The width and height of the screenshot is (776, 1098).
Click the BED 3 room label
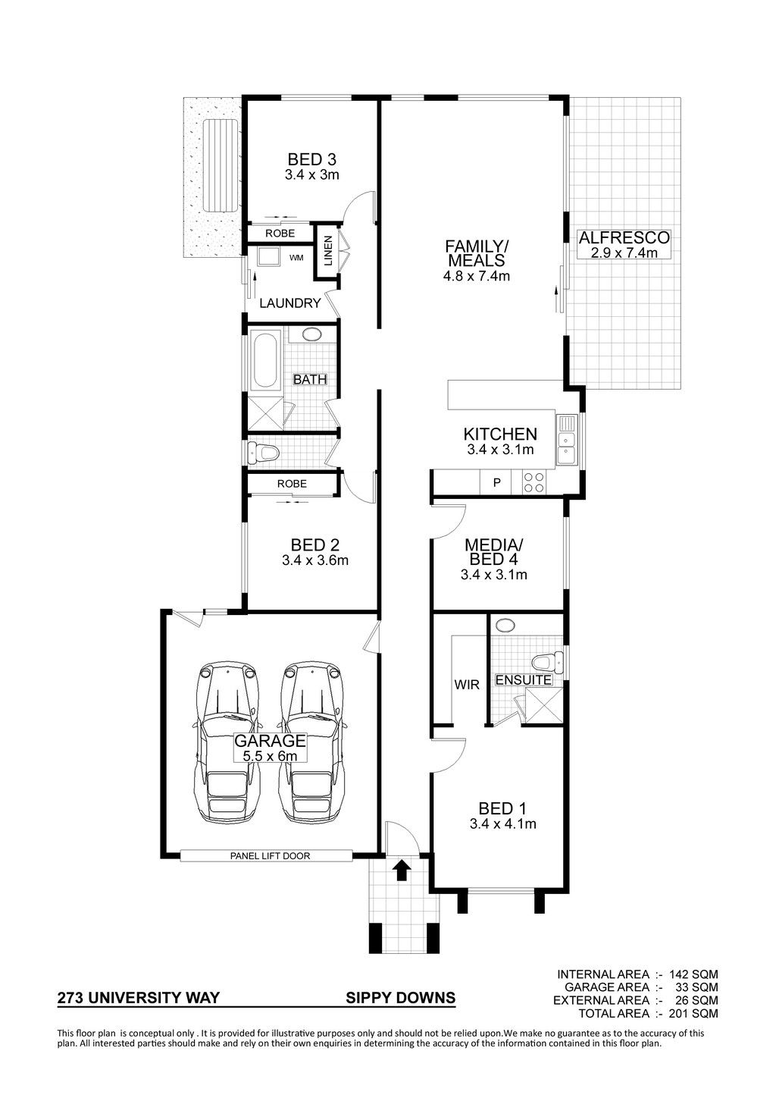tap(311, 159)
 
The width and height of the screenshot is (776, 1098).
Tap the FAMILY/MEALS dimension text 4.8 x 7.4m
tap(476, 276)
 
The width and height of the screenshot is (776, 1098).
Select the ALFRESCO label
tap(624, 238)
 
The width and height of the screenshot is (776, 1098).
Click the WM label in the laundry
tap(296, 257)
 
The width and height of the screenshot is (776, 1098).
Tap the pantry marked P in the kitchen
tap(496, 482)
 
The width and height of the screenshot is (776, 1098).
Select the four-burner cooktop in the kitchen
tap(533, 482)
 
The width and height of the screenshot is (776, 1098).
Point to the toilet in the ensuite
tap(546, 664)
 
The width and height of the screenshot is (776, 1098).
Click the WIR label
tap(466, 684)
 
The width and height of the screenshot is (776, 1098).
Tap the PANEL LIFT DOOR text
tap(270, 856)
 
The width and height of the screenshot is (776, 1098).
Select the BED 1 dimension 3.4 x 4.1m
tap(502, 824)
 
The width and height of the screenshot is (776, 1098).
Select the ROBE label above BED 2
tap(292, 484)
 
